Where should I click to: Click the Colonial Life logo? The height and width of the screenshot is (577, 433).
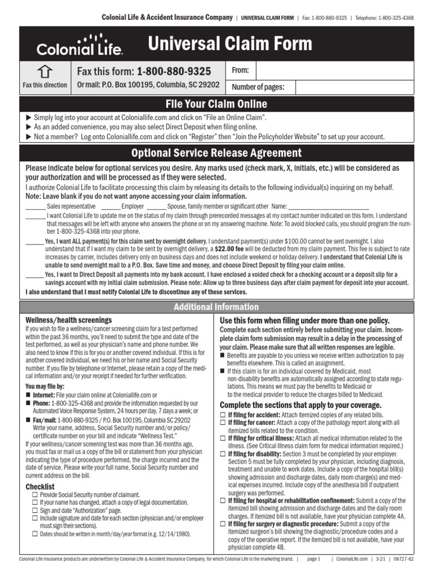pos(79,45)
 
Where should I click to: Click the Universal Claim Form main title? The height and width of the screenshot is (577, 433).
pos(229,44)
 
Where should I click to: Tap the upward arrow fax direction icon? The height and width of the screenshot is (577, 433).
pos(45,72)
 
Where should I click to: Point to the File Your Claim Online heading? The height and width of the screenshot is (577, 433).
pos(216,104)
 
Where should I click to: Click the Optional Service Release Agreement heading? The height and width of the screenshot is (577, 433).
pos(216,153)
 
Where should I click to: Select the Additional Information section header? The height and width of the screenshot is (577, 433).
pos(216,307)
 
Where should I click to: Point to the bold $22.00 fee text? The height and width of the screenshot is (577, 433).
pos(231,248)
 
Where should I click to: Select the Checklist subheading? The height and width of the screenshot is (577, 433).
pos(40,486)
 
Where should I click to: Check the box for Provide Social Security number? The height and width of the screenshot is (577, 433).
pos(35,495)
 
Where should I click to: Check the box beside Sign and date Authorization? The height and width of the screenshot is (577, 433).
pos(35,510)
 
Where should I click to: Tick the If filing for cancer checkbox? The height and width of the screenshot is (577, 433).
pos(223,423)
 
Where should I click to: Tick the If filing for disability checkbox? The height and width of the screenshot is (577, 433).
pos(223,454)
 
